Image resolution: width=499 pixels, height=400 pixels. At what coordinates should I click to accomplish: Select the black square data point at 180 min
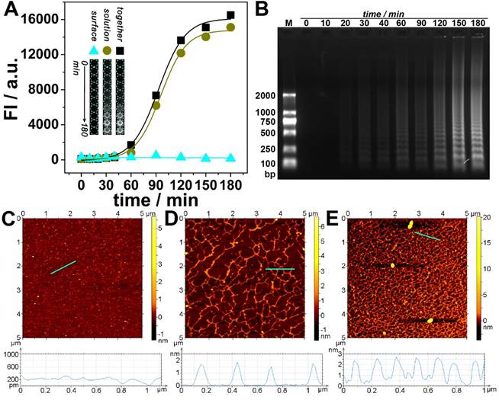point(230,15)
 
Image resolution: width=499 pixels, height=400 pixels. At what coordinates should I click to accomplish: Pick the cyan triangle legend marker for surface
point(93,50)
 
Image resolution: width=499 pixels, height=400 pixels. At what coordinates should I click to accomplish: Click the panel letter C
point(9,222)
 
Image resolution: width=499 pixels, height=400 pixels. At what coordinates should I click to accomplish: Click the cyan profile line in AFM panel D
point(280,269)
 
